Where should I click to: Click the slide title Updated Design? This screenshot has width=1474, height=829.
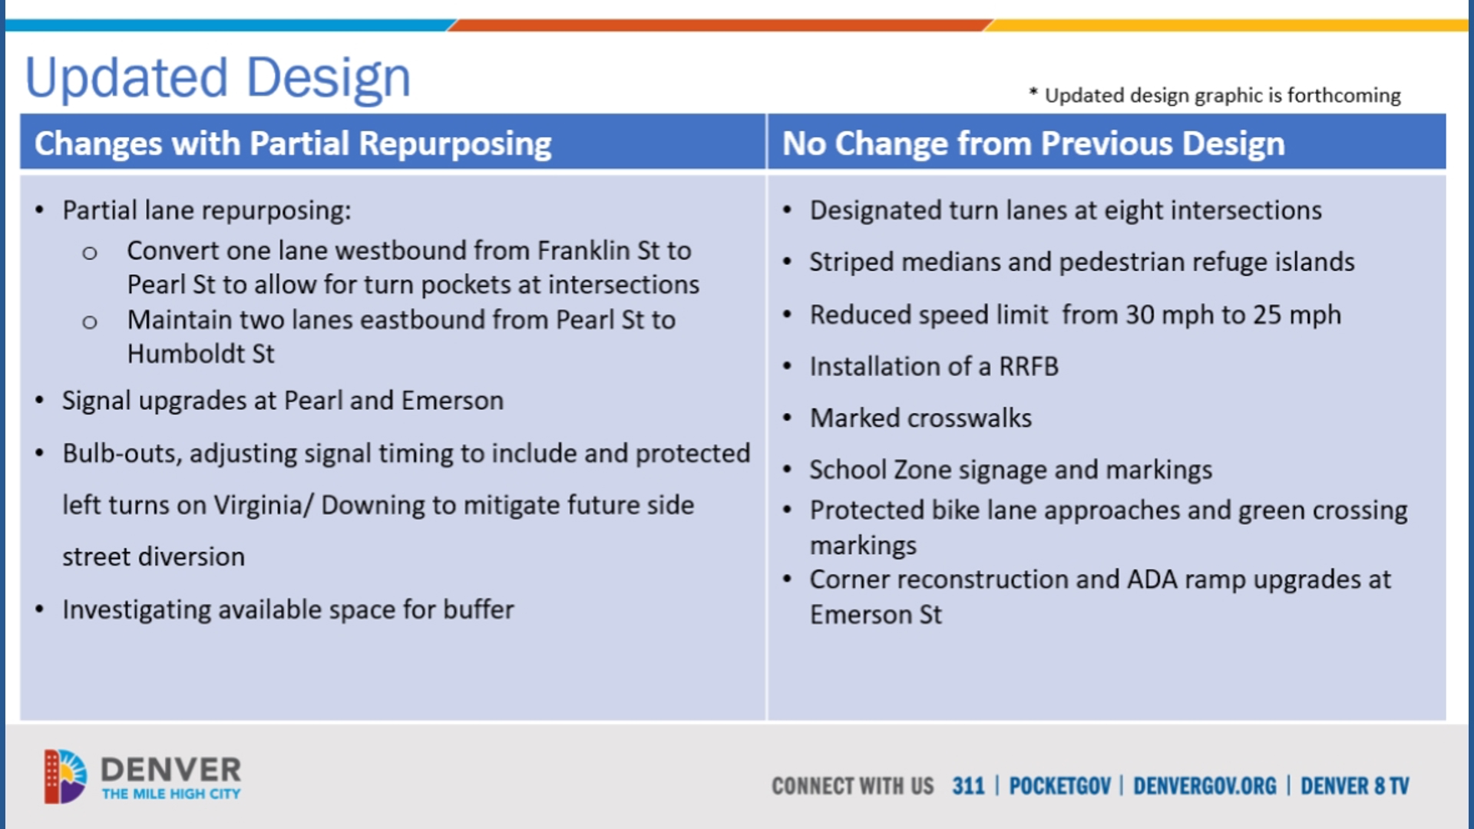coord(218,78)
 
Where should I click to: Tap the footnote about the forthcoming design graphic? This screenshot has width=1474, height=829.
coord(1215,95)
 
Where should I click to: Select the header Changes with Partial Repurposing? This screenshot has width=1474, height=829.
coord(292,144)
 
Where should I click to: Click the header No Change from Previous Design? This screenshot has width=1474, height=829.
coord(1033,144)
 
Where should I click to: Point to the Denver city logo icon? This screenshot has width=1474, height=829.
coord(64,776)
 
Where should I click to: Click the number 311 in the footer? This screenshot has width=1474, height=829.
coord(967,786)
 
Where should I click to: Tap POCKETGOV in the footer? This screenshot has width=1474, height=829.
coord(1059,786)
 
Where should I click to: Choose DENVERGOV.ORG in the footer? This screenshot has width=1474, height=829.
coord(1204,786)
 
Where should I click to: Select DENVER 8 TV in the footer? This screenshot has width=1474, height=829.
coord(1354,786)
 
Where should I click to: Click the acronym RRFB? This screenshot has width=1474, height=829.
coord(1028,367)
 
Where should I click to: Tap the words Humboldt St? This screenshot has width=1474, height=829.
coord(200,354)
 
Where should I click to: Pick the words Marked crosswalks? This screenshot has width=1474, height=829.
coord(920,418)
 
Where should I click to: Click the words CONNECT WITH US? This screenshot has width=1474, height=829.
coord(852,786)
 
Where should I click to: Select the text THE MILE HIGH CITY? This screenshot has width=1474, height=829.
coord(171,794)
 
